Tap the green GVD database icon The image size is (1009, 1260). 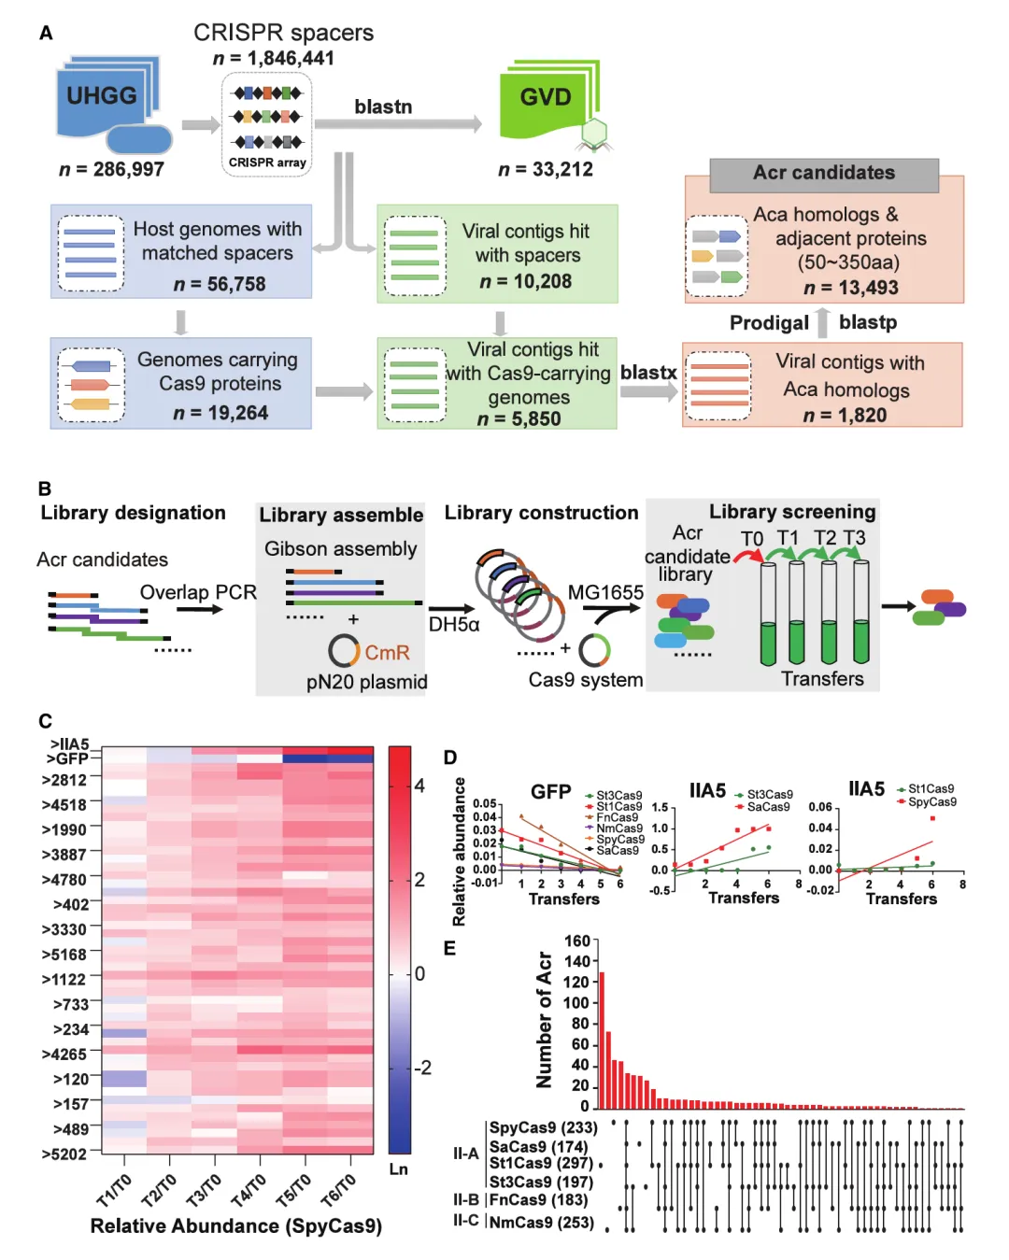[547, 99]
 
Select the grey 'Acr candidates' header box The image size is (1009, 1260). [824, 174]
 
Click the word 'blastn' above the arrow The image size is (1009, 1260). [383, 106]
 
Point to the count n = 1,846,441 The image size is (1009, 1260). [274, 58]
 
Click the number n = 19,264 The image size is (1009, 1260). [220, 413]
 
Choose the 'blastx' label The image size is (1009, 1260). [648, 373]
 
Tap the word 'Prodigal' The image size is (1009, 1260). [769, 323]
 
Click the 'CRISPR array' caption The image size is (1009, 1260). [267, 163]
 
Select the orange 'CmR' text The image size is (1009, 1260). [387, 652]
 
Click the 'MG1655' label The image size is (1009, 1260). [605, 592]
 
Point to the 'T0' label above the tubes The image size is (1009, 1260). [752, 539]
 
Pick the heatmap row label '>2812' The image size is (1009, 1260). [64, 780]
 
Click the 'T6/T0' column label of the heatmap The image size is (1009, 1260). [338, 1189]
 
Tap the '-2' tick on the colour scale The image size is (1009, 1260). [423, 1068]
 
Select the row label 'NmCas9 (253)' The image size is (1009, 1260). [542, 1222]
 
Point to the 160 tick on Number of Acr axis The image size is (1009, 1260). [577, 941]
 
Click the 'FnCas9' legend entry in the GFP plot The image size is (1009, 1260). [617, 817]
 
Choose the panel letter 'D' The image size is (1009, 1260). [450, 757]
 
